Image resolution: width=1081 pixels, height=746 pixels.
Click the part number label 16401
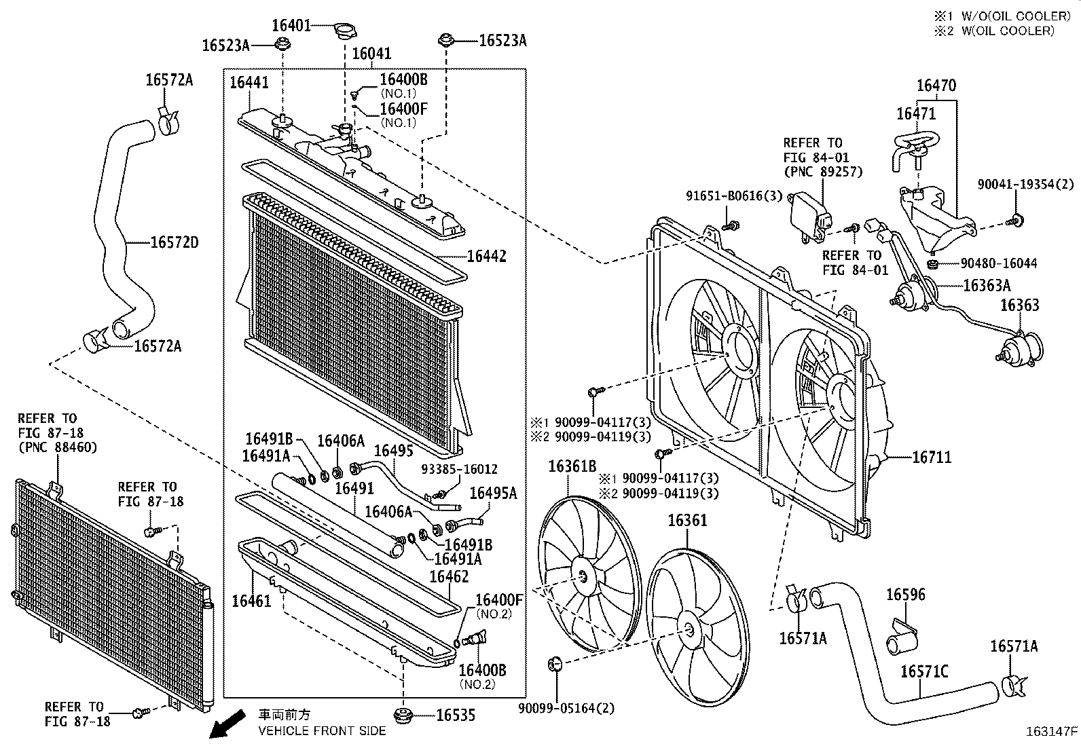pyautogui.click(x=291, y=26)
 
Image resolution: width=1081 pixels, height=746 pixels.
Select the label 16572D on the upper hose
pyautogui.click(x=174, y=242)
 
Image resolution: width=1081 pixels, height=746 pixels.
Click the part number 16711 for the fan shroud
pyautogui.click(x=931, y=457)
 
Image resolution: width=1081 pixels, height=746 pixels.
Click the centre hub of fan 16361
pyautogui.click(x=689, y=629)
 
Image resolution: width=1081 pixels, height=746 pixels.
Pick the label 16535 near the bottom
pyautogui.click(x=455, y=715)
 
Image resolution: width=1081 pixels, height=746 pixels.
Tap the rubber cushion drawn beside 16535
pyautogui.click(x=404, y=715)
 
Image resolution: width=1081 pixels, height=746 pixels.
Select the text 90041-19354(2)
pyautogui.click(x=1025, y=184)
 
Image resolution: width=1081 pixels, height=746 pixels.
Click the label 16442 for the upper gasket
pyautogui.click(x=486, y=256)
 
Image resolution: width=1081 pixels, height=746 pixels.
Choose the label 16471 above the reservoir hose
pyautogui.click(x=916, y=113)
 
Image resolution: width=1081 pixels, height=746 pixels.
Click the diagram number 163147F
pyautogui.click(x=1051, y=732)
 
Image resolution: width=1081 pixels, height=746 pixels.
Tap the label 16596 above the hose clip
pyautogui.click(x=905, y=595)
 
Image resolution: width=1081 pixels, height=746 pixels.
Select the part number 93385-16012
pyautogui.click(x=458, y=469)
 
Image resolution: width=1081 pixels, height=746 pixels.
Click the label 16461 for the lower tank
pyautogui.click(x=251, y=601)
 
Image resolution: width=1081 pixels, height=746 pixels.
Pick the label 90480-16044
pyautogui.click(x=998, y=263)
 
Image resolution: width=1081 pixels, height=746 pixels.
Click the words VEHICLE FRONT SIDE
pyautogui.click(x=321, y=730)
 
